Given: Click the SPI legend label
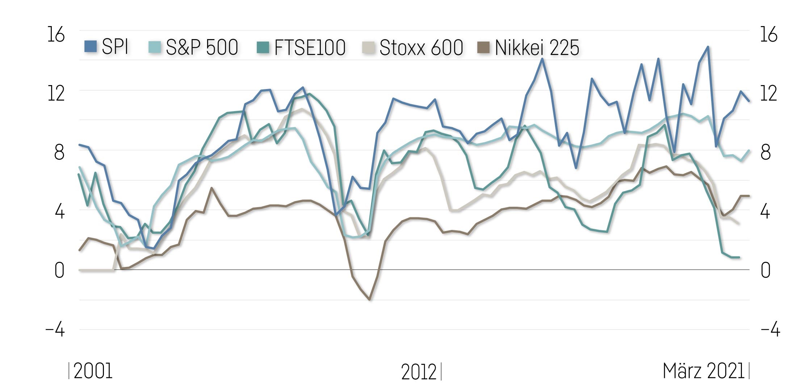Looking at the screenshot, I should pos(115,47).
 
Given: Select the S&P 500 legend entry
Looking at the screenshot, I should pos(202,47).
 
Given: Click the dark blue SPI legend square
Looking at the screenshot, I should pos(91,47).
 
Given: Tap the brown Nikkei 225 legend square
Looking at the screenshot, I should pos(483,47).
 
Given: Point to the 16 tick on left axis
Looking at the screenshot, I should pos(56,35).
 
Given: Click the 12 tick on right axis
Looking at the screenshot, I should pos(768,93).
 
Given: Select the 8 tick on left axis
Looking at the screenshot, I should pos(59,152).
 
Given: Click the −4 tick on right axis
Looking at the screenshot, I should pos(770,330).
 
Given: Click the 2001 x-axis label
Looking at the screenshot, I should pos(93,371).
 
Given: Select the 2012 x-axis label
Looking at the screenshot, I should pos(419,372).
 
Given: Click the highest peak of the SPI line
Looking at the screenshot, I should pos(708,47).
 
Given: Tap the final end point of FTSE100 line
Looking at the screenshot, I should pos(739,257).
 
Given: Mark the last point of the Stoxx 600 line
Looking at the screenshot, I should pos(739,223).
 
